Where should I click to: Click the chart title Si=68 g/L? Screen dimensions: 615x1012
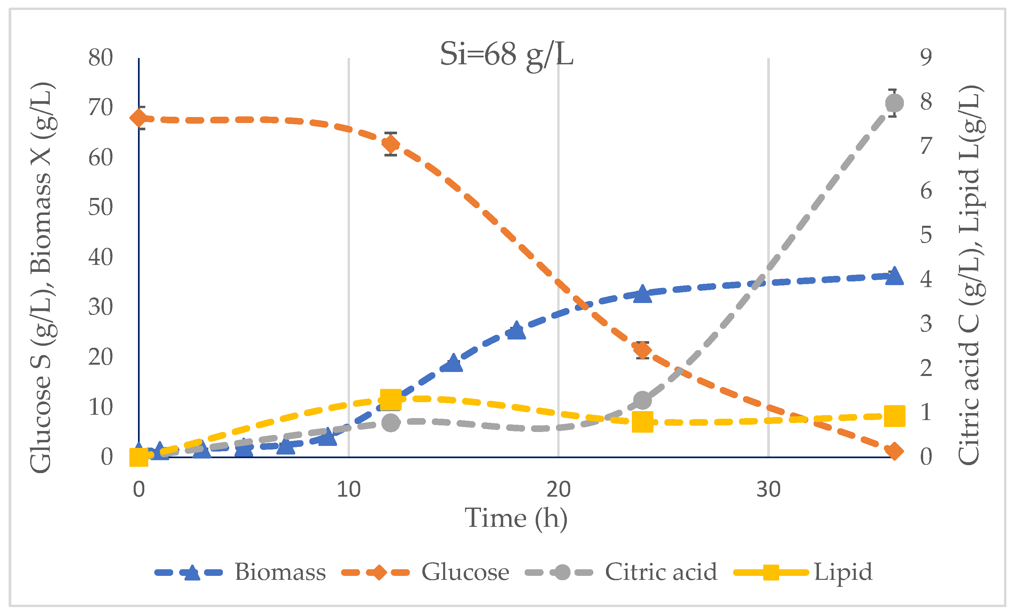pyautogui.click(x=506, y=55)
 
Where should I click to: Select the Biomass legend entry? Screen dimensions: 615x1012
pyautogui.click(x=240, y=572)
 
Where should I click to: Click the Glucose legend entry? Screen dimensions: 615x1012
pyautogui.click(x=426, y=572)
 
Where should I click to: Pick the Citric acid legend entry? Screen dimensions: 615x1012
pyautogui.click(x=621, y=572)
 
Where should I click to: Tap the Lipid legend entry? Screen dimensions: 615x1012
pyautogui.click(x=803, y=572)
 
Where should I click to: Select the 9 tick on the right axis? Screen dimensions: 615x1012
pyautogui.click(x=926, y=57)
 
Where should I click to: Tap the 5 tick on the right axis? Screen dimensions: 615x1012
pyautogui.click(x=926, y=235)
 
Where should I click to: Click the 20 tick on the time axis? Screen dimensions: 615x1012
pyautogui.click(x=558, y=489)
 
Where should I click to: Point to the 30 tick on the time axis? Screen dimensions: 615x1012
pyautogui.click(x=768, y=489)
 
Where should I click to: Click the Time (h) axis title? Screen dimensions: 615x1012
pyautogui.click(x=516, y=518)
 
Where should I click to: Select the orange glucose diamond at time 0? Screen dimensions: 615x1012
pyautogui.click(x=139, y=118)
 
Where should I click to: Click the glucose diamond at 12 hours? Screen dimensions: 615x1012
pyautogui.click(x=391, y=144)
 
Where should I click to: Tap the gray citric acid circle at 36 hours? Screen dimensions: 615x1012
pyautogui.click(x=895, y=103)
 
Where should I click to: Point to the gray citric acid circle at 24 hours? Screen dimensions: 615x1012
pyautogui.click(x=643, y=400)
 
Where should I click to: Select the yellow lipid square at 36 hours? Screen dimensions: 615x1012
pyautogui.click(x=895, y=417)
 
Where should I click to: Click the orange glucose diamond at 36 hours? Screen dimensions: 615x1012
pyautogui.click(x=895, y=452)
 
